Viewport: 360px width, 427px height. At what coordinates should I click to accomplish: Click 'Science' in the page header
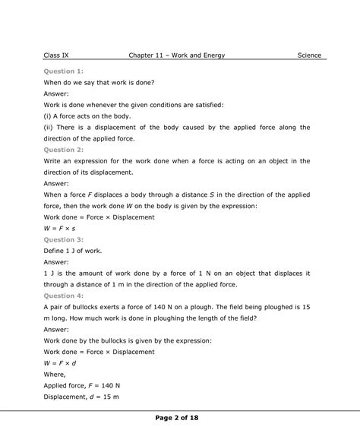tap(308, 55)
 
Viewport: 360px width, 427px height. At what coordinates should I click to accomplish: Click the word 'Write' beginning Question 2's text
tap(54, 161)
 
